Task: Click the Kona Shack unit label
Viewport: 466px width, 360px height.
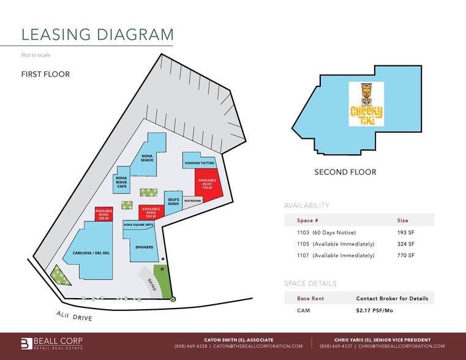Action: click(147, 158)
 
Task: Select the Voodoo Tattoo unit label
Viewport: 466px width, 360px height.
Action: click(199, 163)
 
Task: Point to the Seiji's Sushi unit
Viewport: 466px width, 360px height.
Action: click(173, 201)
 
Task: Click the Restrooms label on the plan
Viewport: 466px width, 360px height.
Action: click(193, 200)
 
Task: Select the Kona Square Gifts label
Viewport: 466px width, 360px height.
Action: click(138, 225)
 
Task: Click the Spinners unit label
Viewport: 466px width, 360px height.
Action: click(144, 247)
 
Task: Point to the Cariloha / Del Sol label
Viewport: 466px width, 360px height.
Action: click(91, 252)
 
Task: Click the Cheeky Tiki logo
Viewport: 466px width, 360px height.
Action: click(366, 105)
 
